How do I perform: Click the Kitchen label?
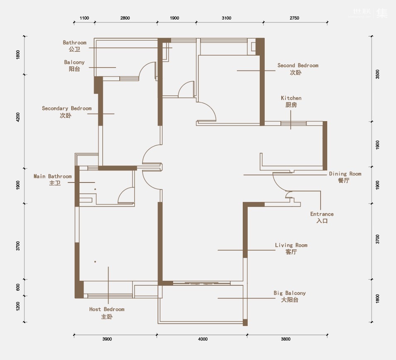tap(291, 101)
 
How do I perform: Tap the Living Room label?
tap(291, 248)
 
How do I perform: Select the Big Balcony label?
tap(290, 297)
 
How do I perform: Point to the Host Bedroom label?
tap(106, 313)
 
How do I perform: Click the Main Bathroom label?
tap(53, 180)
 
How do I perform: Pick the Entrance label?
tap(322, 217)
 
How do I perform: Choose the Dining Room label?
tap(345, 177)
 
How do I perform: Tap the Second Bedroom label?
tap(298, 69)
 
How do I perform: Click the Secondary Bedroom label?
tap(66, 112)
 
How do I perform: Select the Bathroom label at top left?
tap(75, 46)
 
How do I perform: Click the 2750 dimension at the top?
tap(294, 18)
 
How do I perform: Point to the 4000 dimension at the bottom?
tap(203, 339)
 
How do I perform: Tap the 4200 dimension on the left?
tap(18, 117)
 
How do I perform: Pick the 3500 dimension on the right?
tap(377, 74)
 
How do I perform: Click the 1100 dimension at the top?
tap(84, 18)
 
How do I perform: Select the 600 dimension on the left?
tap(18, 287)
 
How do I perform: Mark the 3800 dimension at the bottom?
tap(286, 339)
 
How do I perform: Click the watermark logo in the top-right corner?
tap(370, 12)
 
